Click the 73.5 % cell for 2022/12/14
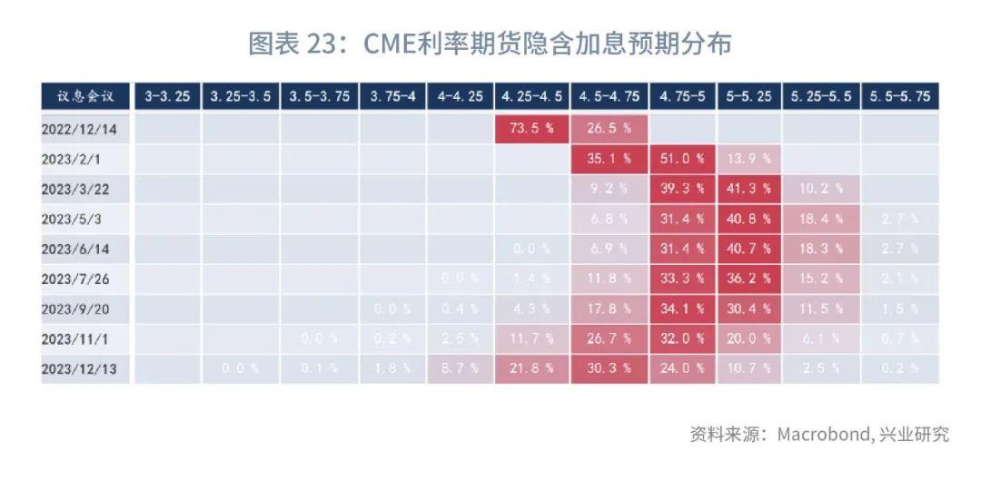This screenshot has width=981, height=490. click(531, 129)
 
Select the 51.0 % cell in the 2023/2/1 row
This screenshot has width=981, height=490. click(683, 159)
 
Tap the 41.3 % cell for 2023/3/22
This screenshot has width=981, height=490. click(748, 189)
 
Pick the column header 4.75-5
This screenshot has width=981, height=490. click(683, 96)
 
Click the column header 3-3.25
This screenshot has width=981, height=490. click(167, 96)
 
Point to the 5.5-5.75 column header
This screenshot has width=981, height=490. click(899, 96)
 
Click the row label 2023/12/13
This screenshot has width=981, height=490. click(82, 368)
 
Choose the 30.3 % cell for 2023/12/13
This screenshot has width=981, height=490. click(609, 368)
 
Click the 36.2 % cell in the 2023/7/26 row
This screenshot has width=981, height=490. click(748, 279)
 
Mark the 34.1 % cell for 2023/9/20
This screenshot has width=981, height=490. click(683, 309)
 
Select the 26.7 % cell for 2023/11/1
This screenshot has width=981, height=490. click(609, 338)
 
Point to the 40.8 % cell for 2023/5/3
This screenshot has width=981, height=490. click(748, 219)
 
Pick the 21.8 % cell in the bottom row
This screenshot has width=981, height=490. click(531, 368)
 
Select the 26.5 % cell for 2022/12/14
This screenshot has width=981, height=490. click(609, 129)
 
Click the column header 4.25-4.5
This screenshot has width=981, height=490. click(531, 96)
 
